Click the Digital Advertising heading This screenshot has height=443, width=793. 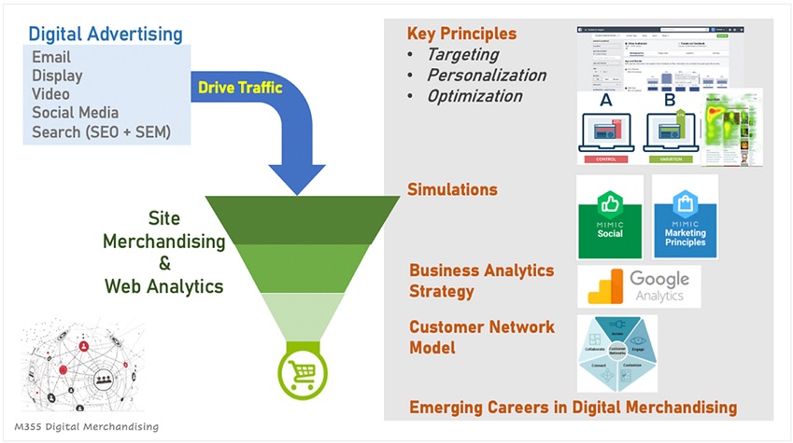[x=106, y=34]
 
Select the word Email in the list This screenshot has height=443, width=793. [x=50, y=58]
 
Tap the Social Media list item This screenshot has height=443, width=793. [x=75, y=113]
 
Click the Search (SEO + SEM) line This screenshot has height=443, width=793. [x=101, y=132]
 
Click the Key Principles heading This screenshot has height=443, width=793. [x=461, y=34]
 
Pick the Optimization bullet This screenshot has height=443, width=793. [x=474, y=96]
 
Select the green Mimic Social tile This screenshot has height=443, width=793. [x=611, y=217]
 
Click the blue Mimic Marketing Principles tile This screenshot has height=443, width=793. [x=685, y=217]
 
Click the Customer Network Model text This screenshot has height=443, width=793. [x=482, y=337]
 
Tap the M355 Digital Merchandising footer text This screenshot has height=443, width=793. [x=78, y=425]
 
